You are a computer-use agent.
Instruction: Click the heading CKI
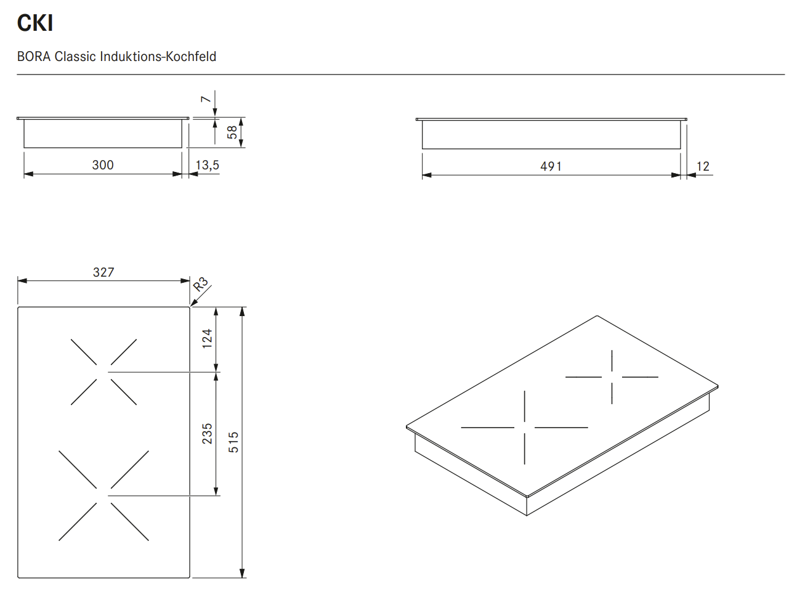point(35,23)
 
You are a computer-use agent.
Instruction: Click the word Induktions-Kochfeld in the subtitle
point(158,57)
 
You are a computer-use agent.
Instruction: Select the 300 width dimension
point(103,165)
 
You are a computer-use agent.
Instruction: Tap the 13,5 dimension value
point(208,165)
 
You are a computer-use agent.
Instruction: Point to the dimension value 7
point(206,99)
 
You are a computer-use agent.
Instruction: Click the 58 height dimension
point(232,132)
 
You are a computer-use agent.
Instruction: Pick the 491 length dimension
point(551,166)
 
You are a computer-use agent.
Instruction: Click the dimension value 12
point(703,166)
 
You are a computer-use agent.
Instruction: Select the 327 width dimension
point(103,272)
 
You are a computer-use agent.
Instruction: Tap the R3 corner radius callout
point(201,285)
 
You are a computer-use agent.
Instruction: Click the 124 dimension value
point(208,338)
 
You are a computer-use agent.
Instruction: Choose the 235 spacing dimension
point(208,433)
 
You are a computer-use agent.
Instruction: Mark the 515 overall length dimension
point(233,442)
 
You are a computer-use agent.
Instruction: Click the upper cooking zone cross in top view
point(103,372)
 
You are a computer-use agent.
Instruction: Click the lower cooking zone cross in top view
point(103,495)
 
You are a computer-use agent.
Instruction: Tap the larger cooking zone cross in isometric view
point(525,427)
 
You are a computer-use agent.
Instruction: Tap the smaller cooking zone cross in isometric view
point(612,376)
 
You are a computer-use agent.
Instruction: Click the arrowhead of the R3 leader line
point(193,304)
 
